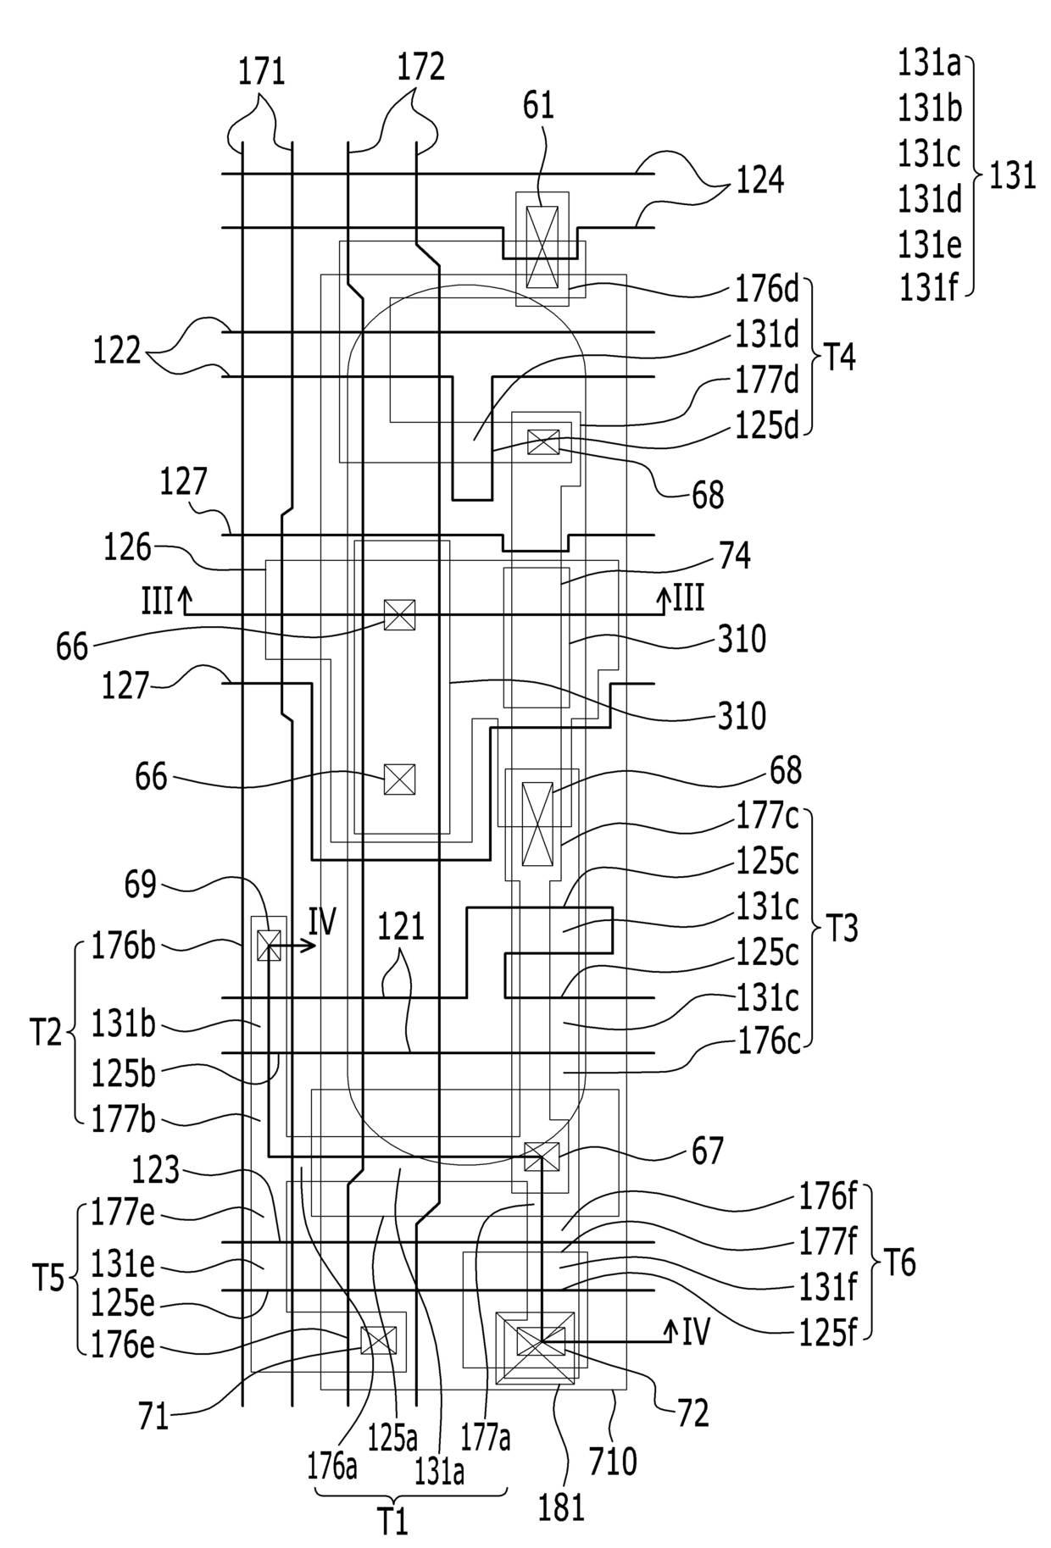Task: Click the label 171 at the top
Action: [x=261, y=71]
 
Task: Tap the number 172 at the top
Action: [x=421, y=66]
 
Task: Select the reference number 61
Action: [x=539, y=107]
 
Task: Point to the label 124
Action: [x=759, y=180]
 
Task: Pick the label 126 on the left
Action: [x=127, y=549]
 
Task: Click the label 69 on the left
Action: [x=141, y=885]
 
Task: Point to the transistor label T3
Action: [x=841, y=929]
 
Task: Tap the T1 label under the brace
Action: [x=392, y=1523]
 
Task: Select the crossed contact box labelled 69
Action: [x=269, y=945]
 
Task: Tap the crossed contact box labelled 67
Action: [x=542, y=1157]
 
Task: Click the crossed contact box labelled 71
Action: [x=378, y=1340]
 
